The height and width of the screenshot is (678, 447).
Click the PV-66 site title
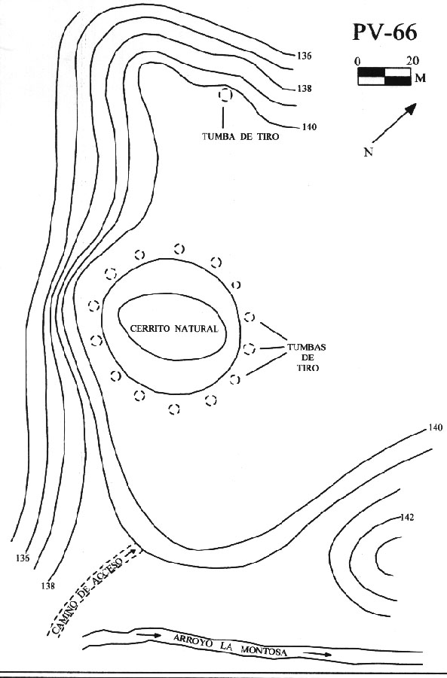pyautogui.click(x=385, y=32)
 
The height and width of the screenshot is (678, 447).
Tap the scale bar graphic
pyautogui.click(x=384, y=76)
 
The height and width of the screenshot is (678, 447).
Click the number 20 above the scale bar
pyautogui.click(x=412, y=61)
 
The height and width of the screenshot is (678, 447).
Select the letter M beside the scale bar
pyautogui.click(x=420, y=78)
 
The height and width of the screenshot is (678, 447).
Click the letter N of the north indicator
pyautogui.click(x=368, y=152)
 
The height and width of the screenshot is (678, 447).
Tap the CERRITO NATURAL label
pyautogui.click(x=174, y=329)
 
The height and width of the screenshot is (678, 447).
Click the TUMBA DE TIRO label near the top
pyautogui.click(x=240, y=137)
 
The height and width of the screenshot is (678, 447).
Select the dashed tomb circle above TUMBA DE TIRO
pyautogui.click(x=225, y=94)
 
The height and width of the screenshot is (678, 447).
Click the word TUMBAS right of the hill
pyautogui.click(x=307, y=347)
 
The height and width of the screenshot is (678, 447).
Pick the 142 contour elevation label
pyautogui.click(x=407, y=517)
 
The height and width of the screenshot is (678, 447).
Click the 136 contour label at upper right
pyautogui.click(x=304, y=56)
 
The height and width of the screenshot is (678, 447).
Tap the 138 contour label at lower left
pyautogui.click(x=48, y=586)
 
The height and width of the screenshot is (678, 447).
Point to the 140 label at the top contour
pyautogui.click(x=309, y=127)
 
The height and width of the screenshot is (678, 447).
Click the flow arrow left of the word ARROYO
pyautogui.click(x=148, y=635)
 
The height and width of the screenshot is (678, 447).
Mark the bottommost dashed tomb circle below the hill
pyautogui.click(x=175, y=409)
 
